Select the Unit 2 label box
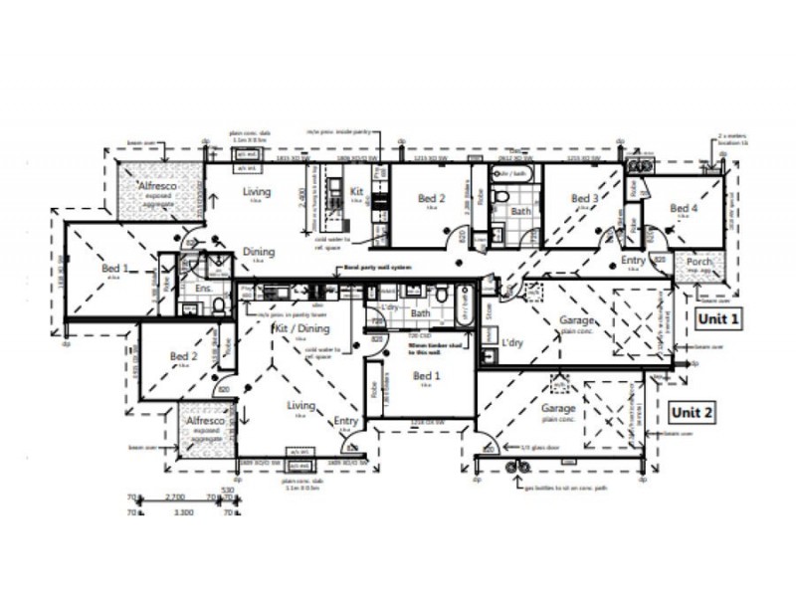[x=693, y=411]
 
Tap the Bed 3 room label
[x=585, y=199]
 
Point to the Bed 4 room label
[x=683, y=209]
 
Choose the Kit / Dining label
[x=299, y=327]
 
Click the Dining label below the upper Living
[x=259, y=253]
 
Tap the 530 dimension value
[x=227, y=489]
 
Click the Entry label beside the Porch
[x=633, y=261]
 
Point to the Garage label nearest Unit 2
[x=559, y=409]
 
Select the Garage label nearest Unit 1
[x=577, y=321]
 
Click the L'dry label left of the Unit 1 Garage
[x=512, y=343]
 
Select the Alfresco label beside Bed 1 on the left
[x=156, y=186]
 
